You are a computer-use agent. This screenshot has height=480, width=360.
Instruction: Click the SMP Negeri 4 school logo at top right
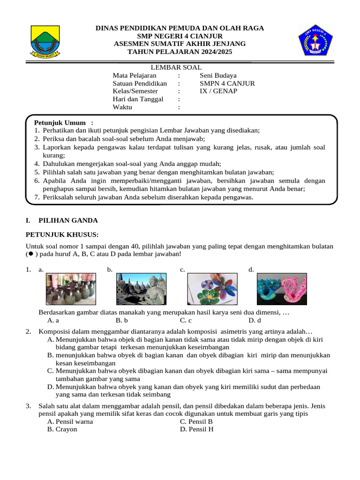point(315,40)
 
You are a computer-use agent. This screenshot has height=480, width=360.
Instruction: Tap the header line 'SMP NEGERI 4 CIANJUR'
point(180,36)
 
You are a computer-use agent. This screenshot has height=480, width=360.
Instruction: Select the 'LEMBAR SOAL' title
point(179,67)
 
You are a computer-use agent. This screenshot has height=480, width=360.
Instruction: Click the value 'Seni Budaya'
point(218,75)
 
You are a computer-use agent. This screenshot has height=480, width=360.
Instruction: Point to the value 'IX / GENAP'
point(218,91)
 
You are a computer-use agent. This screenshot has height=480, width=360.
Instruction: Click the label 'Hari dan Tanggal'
point(138,99)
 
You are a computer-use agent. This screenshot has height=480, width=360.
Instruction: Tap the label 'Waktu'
point(122,107)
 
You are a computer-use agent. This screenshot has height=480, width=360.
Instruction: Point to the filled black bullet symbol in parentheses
point(30,254)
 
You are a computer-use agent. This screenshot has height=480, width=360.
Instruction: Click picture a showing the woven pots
point(71,289)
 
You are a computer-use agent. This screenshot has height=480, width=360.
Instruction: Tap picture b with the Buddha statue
point(142,289)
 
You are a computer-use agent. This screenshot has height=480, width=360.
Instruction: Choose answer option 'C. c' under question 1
point(186,321)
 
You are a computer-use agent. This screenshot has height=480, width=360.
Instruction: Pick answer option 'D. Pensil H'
point(196,429)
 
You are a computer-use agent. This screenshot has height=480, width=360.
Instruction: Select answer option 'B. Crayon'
point(62,429)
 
